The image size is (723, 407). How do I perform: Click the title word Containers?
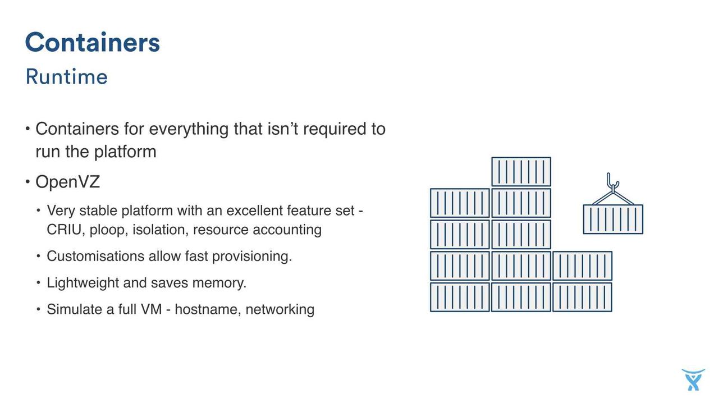(x=93, y=42)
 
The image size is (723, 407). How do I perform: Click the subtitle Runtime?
(x=66, y=77)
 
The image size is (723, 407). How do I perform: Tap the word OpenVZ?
(x=68, y=182)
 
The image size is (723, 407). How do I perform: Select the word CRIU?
(x=64, y=230)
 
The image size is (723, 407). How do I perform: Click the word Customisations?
(x=95, y=257)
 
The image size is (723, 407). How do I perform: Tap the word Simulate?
(x=76, y=309)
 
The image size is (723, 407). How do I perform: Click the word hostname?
(x=208, y=309)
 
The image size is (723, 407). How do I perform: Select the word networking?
(x=280, y=309)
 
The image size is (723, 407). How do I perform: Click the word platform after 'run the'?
(x=126, y=152)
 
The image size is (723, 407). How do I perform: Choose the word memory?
(x=219, y=283)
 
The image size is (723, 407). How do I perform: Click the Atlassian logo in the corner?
(x=693, y=380)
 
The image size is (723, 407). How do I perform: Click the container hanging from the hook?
(x=613, y=219)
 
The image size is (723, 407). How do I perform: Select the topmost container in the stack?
(x=521, y=172)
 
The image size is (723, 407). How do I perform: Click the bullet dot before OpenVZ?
(x=28, y=182)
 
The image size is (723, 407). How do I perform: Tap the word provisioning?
(x=252, y=257)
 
